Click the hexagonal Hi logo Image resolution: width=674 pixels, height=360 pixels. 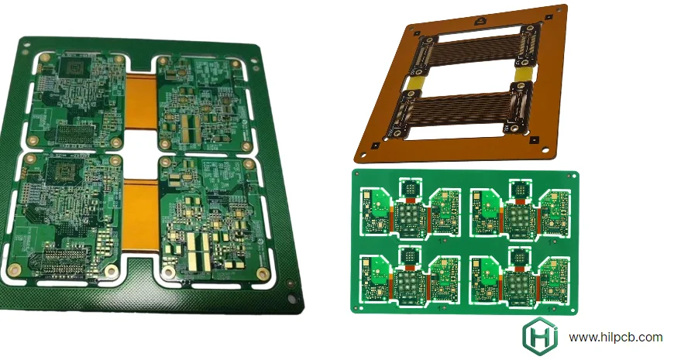(x=540, y=338)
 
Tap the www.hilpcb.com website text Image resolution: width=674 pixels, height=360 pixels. (x=615, y=338)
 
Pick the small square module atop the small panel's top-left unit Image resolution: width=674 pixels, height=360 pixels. (x=408, y=187)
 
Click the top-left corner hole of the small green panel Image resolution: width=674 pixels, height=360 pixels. (x=358, y=176)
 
